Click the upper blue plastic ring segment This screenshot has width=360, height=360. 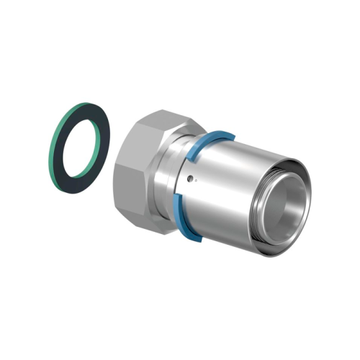(209, 137)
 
